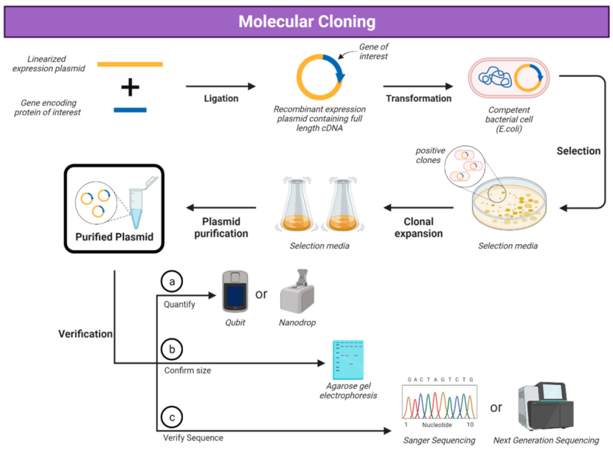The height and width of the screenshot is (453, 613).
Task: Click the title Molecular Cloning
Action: (306, 21)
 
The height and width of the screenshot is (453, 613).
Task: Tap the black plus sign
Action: (130, 88)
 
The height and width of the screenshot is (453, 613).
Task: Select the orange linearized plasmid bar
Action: (130, 64)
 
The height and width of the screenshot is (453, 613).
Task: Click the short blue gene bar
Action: (130, 111)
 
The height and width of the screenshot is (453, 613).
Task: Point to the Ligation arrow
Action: (221, 86)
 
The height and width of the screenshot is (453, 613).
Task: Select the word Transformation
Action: (418, 98)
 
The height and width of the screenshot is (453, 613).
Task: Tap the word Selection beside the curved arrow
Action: (578, 151)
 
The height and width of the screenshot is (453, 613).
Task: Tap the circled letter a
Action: (172, 282)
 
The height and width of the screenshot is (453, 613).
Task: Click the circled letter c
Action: (172, 418)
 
